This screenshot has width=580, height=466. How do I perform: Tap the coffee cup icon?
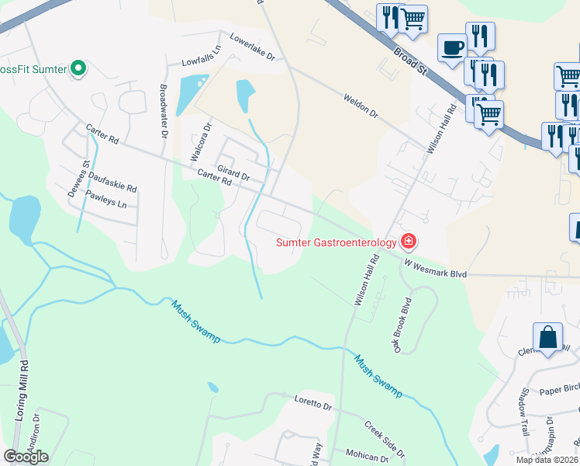452,47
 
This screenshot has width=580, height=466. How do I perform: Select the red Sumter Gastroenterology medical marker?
408,242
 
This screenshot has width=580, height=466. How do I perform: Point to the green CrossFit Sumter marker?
78,68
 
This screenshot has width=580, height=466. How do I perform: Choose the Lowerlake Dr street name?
248,47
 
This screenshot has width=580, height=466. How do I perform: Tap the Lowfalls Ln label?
201,55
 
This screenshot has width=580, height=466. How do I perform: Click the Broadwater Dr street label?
164,108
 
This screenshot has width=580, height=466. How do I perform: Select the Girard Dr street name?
233,172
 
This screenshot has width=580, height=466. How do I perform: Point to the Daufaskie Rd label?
112,183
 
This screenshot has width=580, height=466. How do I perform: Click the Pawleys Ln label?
105,200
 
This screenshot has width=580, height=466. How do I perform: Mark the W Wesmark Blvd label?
435,269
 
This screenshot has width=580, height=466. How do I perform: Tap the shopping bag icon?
547,339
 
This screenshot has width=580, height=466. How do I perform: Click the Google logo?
26,457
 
